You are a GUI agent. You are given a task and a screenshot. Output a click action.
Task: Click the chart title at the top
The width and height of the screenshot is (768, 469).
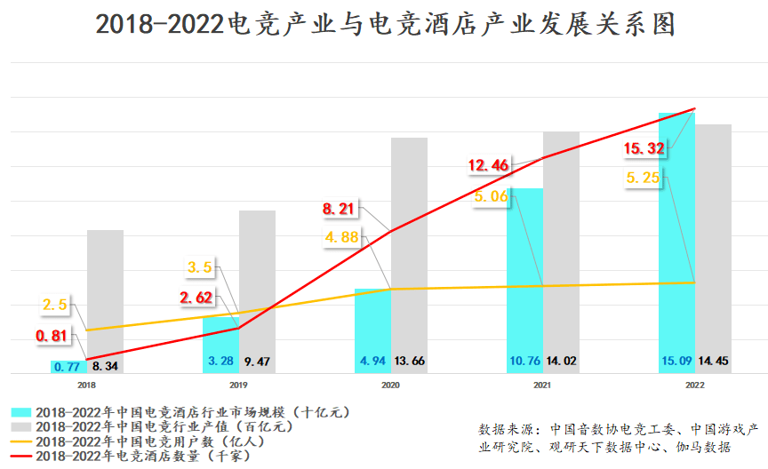(384, 24)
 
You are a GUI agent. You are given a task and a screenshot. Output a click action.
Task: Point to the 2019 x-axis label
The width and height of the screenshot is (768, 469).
(238, 385)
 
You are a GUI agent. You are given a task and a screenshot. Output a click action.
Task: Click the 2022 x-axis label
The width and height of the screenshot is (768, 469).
(695, 385)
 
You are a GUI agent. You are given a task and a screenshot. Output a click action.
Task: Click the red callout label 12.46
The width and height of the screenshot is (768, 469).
(489, 164)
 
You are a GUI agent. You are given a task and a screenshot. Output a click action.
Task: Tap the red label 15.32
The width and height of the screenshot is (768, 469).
(644, 147)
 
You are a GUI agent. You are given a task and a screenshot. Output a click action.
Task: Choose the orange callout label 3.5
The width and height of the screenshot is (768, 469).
(200, 266)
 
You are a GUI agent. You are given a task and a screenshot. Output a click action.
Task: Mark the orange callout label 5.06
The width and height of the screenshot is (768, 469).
(491, 196)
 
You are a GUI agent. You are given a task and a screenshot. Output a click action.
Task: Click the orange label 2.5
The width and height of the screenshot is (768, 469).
(55, 306)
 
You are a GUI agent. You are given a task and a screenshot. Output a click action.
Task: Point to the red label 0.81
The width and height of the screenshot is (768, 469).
(53, 337)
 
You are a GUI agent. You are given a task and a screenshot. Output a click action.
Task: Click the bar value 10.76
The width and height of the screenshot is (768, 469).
(524, 362)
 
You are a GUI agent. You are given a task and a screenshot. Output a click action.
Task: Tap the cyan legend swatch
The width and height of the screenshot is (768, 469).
(21, 412)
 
